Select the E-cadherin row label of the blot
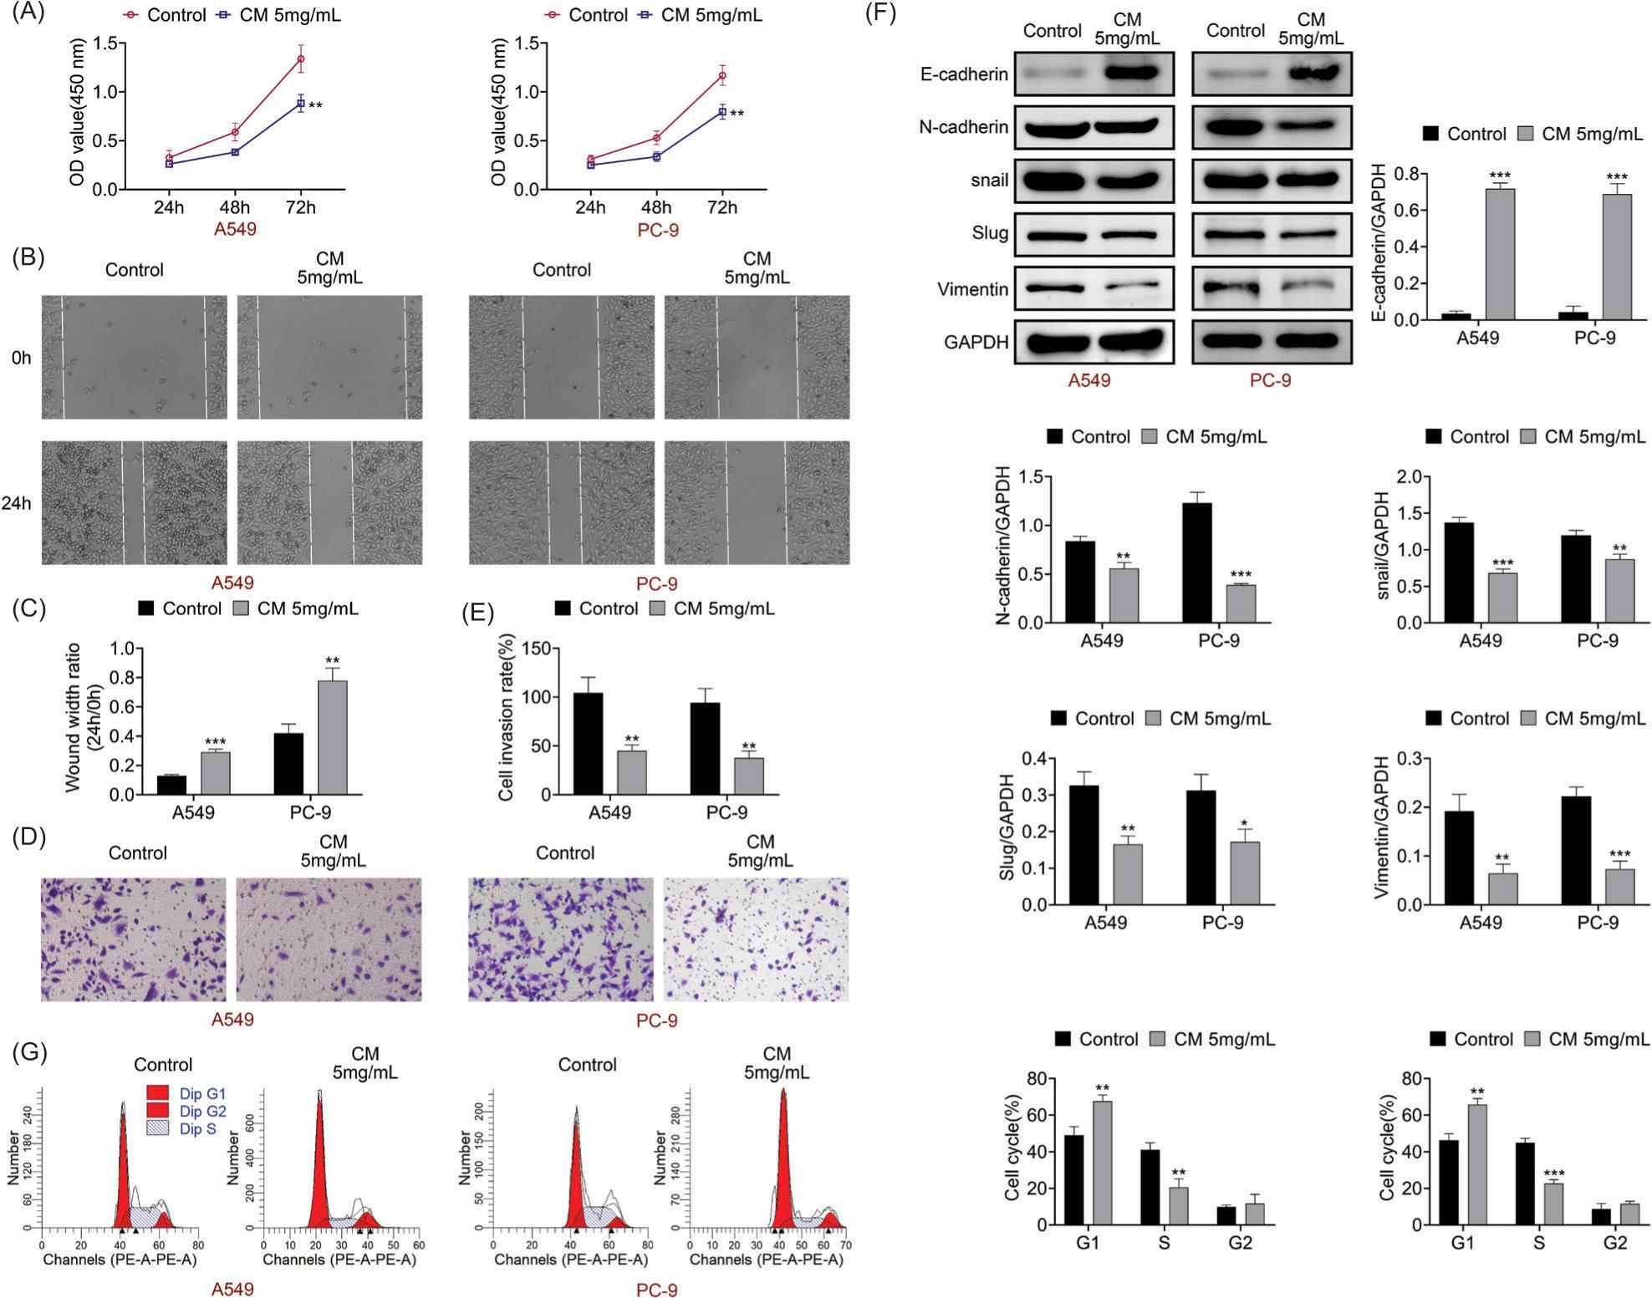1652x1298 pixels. [964, 74]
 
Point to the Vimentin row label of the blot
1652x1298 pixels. [972, 289]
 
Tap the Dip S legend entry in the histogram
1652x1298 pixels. [198, 1129]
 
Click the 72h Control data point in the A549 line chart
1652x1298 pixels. [300, 59]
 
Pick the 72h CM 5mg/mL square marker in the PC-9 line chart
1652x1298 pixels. [721, 111]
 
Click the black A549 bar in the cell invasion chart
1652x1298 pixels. [588, 743]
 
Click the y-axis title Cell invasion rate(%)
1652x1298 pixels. [505, 721]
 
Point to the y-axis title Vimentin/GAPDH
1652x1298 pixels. [1382, 827]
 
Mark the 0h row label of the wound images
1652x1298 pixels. [22, 358]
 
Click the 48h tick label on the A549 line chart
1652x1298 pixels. [235, 207]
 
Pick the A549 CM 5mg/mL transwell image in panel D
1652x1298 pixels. [329, 939]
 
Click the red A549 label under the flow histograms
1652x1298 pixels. [232, 1289]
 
